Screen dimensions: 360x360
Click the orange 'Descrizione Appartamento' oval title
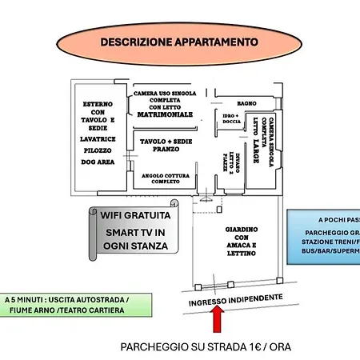(x=179, y=41)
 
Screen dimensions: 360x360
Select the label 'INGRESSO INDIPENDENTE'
(x=235, y=298)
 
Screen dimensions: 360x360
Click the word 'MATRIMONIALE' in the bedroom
(x=166, y=114)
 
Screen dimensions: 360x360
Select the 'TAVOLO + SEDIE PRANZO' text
(x=166, y=145)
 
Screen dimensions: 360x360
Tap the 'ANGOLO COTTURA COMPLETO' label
(x=166, y=177)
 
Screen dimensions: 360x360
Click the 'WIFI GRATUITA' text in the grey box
(x=135, y=215)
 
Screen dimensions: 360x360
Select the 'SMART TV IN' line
(x=135, y=231)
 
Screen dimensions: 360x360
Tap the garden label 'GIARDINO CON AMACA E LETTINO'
(x=240, y=239)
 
